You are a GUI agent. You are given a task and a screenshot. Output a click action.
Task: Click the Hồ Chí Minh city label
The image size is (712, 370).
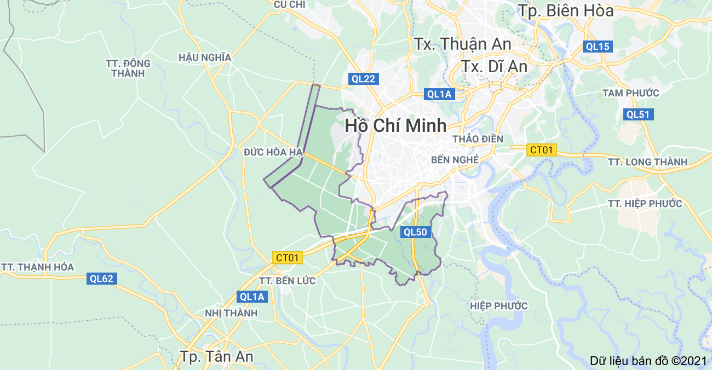(395, 125)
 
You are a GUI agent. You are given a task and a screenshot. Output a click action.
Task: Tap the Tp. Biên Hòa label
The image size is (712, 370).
(566, 10)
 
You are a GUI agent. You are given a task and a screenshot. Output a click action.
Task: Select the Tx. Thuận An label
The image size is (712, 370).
(463, 44)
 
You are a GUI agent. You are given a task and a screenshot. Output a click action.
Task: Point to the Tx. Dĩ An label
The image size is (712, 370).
(494, 66)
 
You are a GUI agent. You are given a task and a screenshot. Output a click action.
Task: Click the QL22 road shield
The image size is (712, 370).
(364, 79)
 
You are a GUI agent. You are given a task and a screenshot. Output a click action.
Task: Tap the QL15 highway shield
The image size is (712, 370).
(598, 47)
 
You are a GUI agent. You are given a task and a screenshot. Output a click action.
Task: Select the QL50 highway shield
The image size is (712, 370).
(415, 232)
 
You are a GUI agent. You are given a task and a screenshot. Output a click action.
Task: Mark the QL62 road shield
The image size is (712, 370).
(102, 279)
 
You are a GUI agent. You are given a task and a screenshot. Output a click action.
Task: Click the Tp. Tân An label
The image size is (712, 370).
(217, 356)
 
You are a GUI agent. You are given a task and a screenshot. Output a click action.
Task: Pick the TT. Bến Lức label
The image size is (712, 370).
(288, 281)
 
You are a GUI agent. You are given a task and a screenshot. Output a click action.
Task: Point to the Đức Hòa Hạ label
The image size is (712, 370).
(274, 152)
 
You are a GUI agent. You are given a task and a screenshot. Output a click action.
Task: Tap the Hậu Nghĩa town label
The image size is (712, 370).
(205, 57)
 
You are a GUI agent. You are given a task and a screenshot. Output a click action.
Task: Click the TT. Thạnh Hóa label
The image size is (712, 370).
(37, 267)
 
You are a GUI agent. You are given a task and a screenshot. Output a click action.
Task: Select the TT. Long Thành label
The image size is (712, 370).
(647, 162)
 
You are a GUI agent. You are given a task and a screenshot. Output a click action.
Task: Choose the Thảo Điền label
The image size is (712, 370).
(478, 139)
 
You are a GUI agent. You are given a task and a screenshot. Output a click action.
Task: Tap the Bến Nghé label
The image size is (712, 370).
(455, 160)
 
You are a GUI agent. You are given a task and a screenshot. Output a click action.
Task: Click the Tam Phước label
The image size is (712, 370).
(631, 93)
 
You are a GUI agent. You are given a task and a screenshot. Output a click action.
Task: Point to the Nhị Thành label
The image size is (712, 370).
(231, 313)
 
